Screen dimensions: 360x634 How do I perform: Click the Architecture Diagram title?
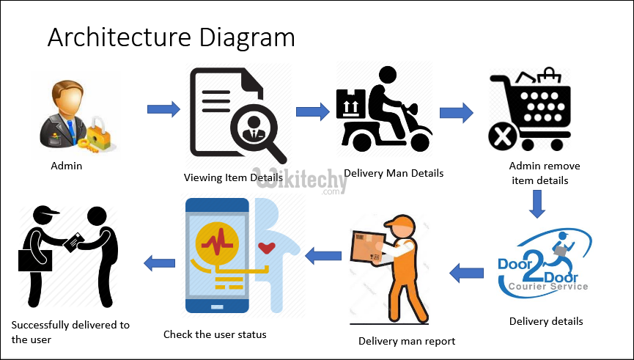point(171,37)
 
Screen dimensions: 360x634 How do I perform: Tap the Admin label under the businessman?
point(66,166)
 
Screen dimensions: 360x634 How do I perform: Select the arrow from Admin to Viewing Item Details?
point(163,110)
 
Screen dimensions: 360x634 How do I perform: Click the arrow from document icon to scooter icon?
point(313,111)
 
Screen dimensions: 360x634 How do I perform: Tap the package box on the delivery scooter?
point(350,104)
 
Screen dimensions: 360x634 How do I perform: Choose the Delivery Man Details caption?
point(394,174)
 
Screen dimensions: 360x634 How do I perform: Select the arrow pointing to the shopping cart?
point(456,113)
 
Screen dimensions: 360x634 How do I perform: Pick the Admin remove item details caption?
point(539,173)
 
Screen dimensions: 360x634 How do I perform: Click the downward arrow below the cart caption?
point(537,205)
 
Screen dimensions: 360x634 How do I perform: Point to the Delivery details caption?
point(546,321)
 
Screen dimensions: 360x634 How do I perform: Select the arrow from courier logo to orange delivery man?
point(466,273)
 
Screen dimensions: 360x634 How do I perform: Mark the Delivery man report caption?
point(407,341)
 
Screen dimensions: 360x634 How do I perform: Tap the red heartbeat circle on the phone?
point(217,240)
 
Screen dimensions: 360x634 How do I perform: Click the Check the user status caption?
point(215,334)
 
